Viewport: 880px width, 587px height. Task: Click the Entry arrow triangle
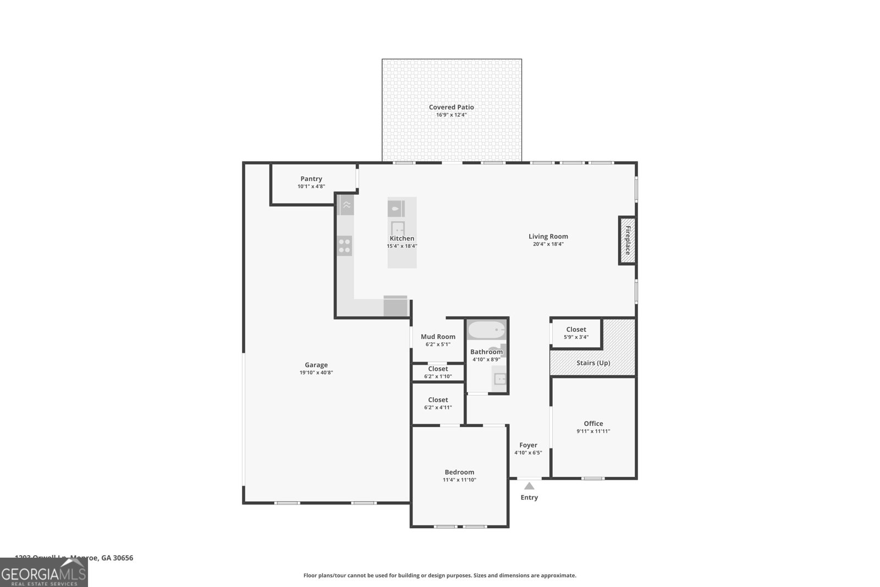529,486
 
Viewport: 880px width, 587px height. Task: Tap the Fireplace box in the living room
628,240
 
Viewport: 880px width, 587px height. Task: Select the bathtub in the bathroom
486,330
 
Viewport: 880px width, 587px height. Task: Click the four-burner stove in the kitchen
345,245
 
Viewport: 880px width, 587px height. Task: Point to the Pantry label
311,179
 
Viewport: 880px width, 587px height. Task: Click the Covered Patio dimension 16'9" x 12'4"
451,115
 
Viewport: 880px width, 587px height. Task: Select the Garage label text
316,365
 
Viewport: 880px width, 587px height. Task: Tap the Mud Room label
438,337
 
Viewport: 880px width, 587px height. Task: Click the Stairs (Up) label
593,363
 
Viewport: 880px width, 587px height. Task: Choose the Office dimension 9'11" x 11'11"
593,431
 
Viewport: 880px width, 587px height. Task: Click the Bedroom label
459,472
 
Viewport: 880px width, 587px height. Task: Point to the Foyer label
528,445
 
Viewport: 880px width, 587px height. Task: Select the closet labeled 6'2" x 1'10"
438,372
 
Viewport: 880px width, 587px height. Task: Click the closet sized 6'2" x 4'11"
438,403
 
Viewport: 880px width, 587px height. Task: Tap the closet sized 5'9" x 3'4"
576,333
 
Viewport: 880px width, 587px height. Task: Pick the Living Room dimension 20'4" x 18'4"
548,244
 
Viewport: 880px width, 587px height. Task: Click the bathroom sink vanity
499,378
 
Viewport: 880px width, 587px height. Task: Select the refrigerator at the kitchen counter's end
395,306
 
